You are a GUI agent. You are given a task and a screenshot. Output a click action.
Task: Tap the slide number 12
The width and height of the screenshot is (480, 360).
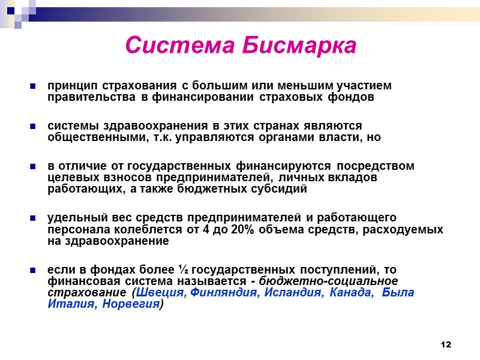pos(445,344)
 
